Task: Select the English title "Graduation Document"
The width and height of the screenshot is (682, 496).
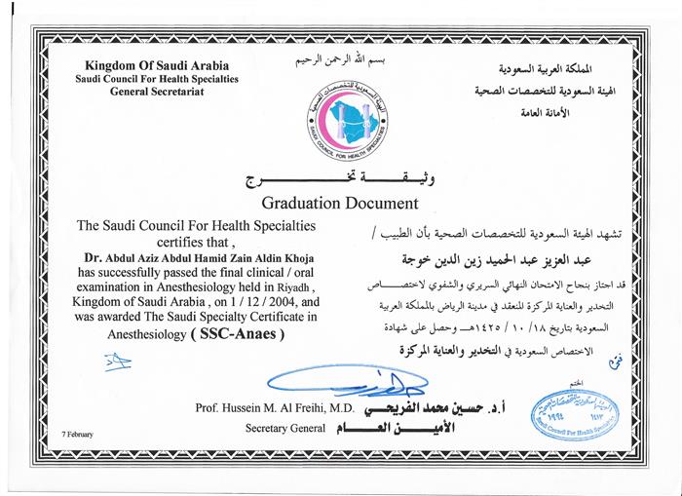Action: coord(340,204)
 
